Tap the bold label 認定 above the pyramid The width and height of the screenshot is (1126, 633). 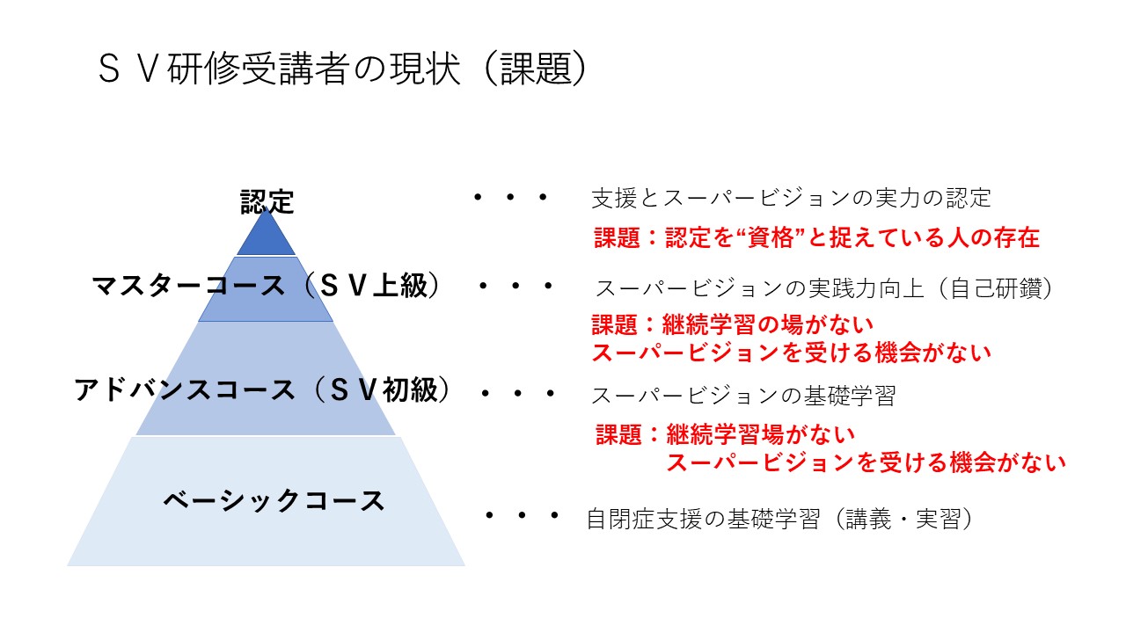[x=267, y=202]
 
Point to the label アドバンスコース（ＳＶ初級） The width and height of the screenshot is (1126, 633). [x=264, y=389]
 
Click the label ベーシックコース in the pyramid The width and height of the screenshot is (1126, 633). [x=274, y=500]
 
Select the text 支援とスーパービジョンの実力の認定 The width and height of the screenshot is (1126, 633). [x=791, y=198]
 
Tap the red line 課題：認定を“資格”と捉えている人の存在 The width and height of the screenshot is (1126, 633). [x=816, y=237]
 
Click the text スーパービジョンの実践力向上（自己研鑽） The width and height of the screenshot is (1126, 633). [x=824, y=288]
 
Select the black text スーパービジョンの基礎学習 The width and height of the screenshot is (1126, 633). [x=743, y=396]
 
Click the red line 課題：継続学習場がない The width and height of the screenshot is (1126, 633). [x=725, y=433]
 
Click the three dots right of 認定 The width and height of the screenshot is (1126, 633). [x=510, y=199]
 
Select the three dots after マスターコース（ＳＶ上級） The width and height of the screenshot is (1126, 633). [x=516, y=287]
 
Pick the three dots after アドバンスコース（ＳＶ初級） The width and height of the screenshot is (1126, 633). [x=518, y=394]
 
